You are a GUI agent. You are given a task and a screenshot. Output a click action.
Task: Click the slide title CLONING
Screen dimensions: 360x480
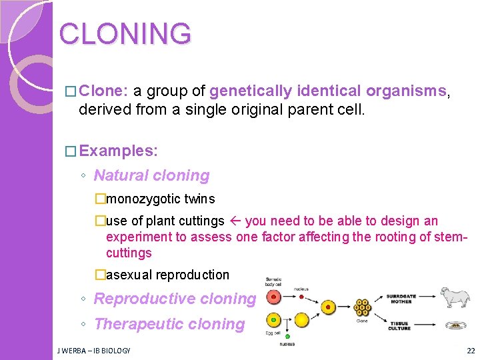tap(125, 33)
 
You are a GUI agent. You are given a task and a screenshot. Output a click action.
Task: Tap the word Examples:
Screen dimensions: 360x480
tap(118, 151)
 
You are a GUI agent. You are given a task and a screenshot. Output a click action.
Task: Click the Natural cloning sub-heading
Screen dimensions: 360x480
tap(151, 175)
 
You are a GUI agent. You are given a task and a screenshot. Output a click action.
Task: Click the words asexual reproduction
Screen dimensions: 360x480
tap(167, 275)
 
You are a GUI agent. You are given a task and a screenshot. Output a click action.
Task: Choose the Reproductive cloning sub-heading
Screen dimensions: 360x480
tap(175, 299)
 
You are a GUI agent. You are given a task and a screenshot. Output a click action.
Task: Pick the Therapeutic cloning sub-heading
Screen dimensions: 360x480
tap(169, 324)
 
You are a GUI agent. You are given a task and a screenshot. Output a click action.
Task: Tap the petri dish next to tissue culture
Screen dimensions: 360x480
tap(455, 326)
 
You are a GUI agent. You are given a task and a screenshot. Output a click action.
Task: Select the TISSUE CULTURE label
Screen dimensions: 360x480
tap(399, 326)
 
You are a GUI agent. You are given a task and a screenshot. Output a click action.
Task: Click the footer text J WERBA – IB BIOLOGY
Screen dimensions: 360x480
tap(93, 351)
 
